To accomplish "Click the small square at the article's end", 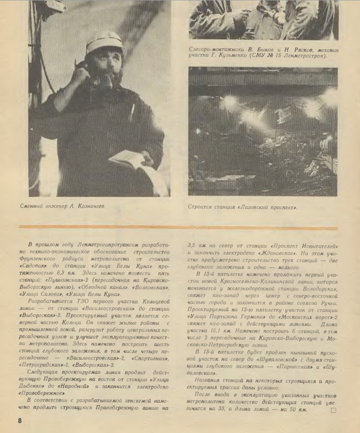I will [334, 410].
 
